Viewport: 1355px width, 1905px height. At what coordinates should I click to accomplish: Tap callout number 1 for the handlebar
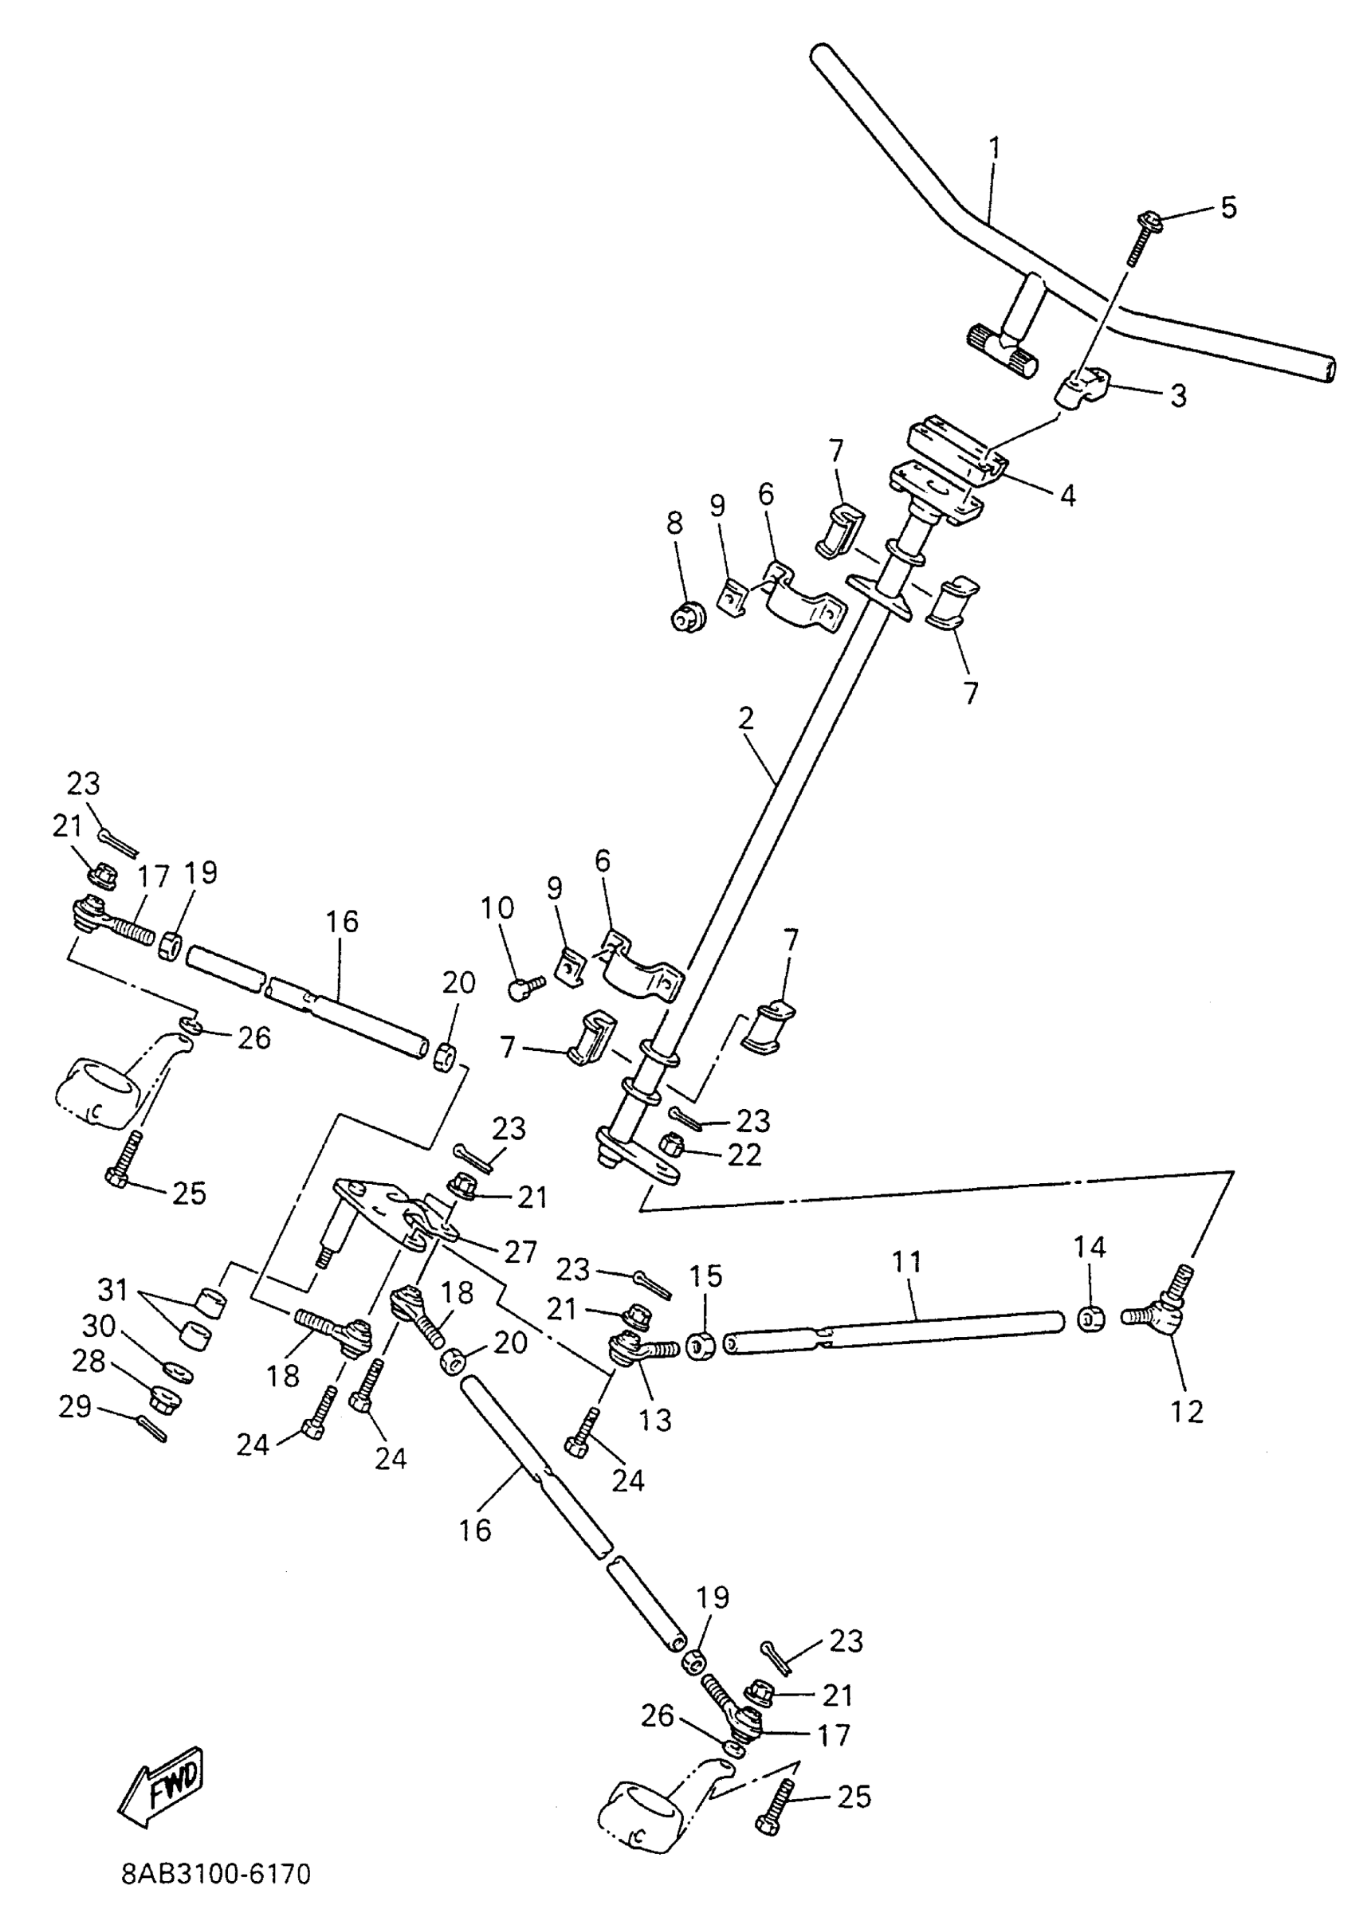994,148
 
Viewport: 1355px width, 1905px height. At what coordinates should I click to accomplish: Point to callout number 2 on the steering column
746,718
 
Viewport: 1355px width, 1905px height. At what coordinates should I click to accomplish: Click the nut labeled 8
689,617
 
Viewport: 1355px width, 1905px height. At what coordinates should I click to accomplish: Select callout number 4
1067,496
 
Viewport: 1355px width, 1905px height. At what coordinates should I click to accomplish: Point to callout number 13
655,1419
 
